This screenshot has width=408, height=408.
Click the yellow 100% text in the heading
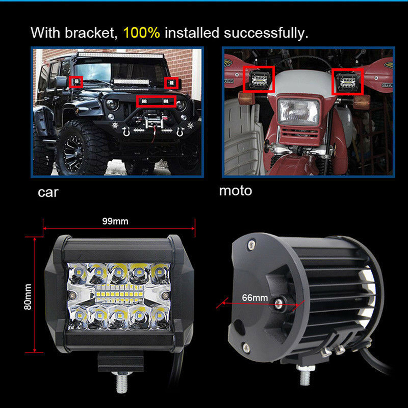pyautogui.click(x=141, y=33)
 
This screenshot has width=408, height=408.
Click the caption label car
pyautogui.click(x=48, y=193)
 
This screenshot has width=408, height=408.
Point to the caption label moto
pyautogui.click(x=236, y=191)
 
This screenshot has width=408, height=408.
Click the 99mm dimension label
pyautogui.click(x=115, y=221)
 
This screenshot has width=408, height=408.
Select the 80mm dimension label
pyautogui.click(x=28, y=297)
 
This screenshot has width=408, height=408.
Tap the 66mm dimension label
pyautogui.click(x=254, y=297)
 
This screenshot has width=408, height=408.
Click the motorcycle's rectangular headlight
pyautogui.click(x=298, y=112)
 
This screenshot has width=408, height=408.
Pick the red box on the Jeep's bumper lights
pyautogui.click(x=157, y=101)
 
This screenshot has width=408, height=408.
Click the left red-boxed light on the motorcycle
pyautogui.click(x=259, y=79)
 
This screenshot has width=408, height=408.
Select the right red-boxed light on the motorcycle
pyautogui.click(x=347, y=82)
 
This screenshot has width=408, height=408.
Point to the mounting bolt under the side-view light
pyautogui.click(x=304, y=375)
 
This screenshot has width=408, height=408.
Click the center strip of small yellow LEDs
pyautogui.click(x=119, y=295)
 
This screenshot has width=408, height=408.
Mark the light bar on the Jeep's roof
pyautogui.click(x=120, y=55)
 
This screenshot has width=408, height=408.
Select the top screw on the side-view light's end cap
pyautogui.click(x=251, y=245)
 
